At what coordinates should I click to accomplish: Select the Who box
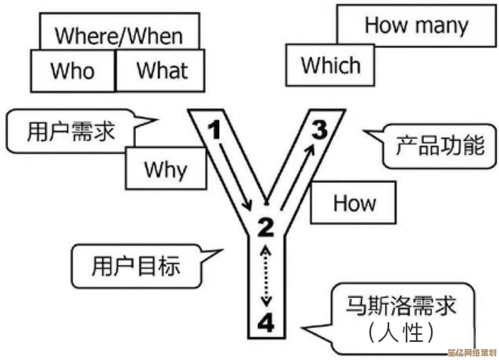click(73, 71)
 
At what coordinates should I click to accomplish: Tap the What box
click(161, 71)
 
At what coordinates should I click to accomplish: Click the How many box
click(416, 26)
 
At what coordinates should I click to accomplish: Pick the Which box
click(330, 65)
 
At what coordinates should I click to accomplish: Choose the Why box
click(165, 169)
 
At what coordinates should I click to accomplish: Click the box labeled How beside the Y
click(353, 203)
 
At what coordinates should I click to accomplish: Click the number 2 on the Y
click(266, 228)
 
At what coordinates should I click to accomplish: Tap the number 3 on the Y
click(320, 130)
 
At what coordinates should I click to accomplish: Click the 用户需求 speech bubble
click(71, 131)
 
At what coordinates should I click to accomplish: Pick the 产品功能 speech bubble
click(439, 146)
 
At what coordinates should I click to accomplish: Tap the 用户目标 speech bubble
click(136, 266)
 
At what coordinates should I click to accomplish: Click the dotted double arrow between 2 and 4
click(266, 276)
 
